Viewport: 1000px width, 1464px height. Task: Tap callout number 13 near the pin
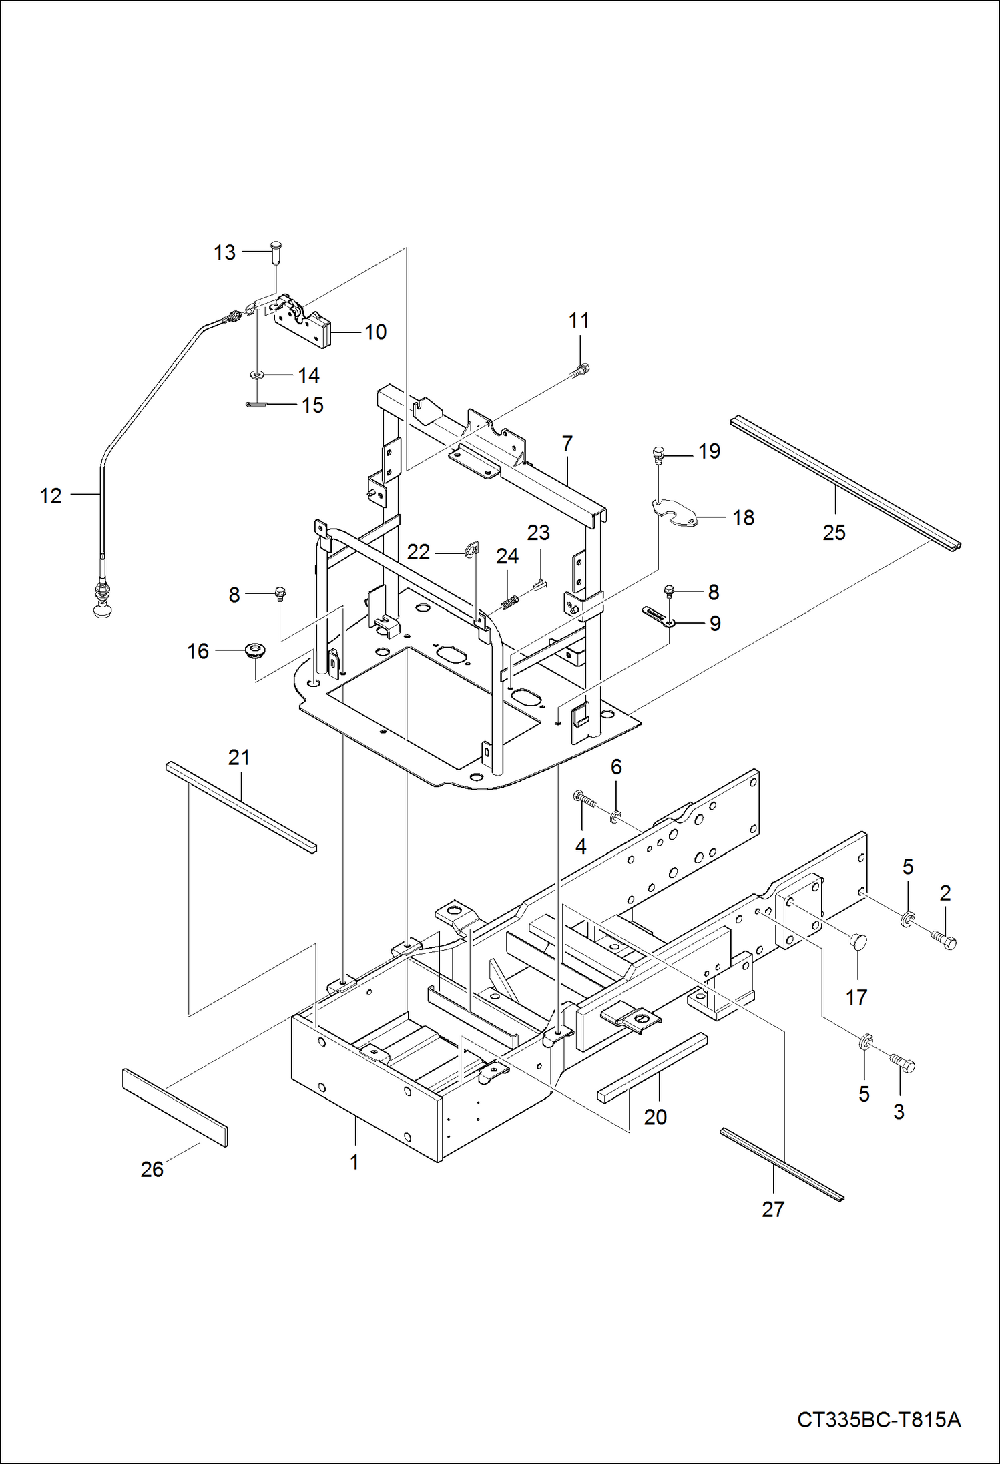click(224, 252)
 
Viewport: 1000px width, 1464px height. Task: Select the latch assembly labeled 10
click(304, 326)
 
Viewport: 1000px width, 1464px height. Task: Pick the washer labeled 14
click(256, 375)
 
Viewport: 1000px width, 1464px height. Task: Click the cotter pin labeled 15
click(256, 403)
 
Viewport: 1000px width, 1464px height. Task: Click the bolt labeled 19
click(658, 456)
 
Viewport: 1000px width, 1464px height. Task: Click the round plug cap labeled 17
click(858, 941)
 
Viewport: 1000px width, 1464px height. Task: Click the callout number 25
click(834, 532)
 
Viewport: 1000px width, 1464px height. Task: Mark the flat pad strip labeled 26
click(175, 1107)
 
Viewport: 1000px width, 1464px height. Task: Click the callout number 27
click(772, 1209)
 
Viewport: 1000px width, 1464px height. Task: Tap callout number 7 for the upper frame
click(567, 443)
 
